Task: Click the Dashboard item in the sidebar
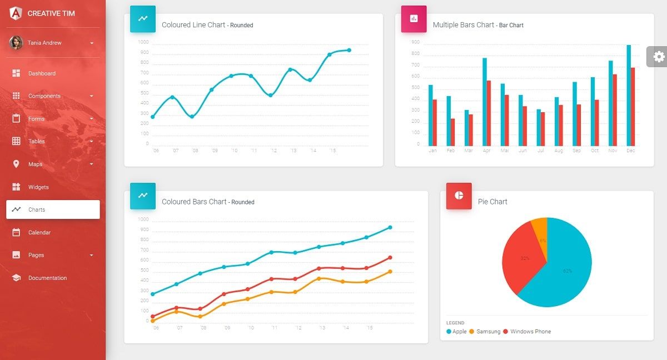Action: click(x=42, y=73)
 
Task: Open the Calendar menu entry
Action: click(x=39, y=232)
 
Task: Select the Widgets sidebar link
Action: click(x=38, y=187)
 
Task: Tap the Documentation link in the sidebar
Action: click(x=47, y=278)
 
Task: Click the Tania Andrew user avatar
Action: click(x=16, y=43)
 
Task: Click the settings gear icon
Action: click(x=659, y=57)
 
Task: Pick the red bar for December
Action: click(x=633, y=106)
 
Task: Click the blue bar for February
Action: click(x=449, y=120)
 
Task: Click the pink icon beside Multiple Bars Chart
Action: click(x=414, y=18)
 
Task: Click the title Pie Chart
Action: click(x=492, y=202)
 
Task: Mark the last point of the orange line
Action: click(x=390, y=272)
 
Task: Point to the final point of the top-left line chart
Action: click(x=349, y=50)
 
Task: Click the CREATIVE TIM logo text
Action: click(x=51, y=13)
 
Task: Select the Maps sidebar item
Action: click(x=35, y=164)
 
